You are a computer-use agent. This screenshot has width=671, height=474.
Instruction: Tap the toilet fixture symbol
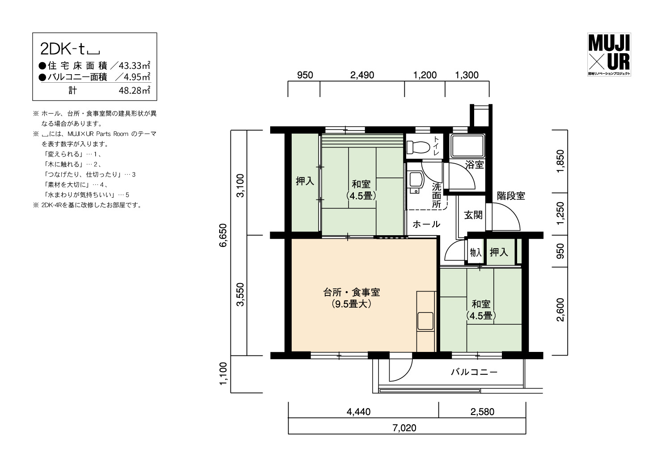[418, 147]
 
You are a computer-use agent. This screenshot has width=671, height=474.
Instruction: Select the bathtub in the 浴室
[467, 146]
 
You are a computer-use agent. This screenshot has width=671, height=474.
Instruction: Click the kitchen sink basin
[425, 321]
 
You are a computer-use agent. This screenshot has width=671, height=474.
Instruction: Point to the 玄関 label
[473, 215]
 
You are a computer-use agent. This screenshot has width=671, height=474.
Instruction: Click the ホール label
[426, 224]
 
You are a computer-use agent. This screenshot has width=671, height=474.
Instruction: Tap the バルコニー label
[474, 372]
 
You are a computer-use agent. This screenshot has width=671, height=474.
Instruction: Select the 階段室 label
[511, 196]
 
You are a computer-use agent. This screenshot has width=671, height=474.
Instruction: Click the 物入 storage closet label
[476, 252]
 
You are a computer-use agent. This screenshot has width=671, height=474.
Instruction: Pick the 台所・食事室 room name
[352, 292]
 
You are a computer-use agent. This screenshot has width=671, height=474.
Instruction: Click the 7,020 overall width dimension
[404, 428]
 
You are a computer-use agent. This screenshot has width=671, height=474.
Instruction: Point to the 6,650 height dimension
[223, 235]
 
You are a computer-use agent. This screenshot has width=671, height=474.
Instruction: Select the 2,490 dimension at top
[362, 75]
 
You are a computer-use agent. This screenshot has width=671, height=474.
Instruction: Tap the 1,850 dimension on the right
[560, 161]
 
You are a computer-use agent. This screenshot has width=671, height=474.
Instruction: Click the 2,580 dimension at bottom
[482, 412]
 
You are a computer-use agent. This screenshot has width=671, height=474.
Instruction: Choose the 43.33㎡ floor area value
[135, 65]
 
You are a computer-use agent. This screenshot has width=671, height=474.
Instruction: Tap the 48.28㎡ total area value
[135, 90]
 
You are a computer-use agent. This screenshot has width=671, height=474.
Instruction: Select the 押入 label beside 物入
[499, 252]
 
